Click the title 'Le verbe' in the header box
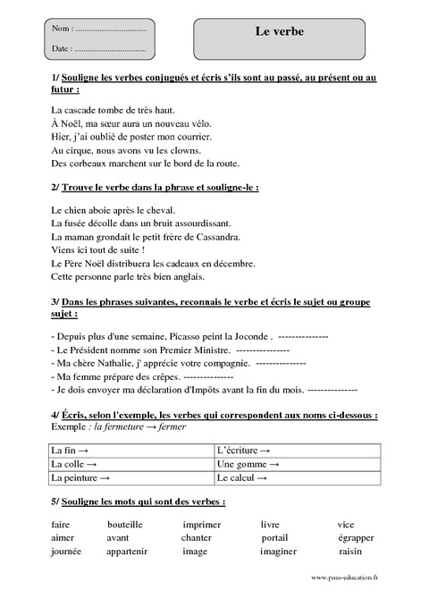pyautogui.click(x=280, y=32)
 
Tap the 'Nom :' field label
pyautogui.click(x=63, y=30)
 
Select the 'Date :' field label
pyautogui.click(x=63, y=47)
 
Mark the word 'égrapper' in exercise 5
pyautogui.click(x=356, y=538)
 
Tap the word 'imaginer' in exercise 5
pyautogui.click(x=278, y=552)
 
